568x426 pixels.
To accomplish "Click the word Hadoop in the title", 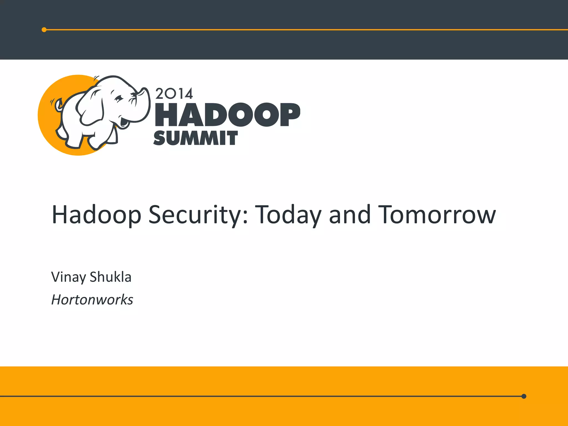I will (96, 215).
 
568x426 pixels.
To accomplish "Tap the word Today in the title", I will (288, 215).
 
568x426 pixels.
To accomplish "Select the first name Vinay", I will (69, 277).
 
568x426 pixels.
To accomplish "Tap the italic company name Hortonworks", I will (92, 300).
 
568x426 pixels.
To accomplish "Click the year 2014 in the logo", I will (174, 93).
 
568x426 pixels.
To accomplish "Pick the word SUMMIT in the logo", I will (195, 138).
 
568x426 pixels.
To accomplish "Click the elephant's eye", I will (119, 98).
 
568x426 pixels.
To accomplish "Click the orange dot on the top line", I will (44, 30).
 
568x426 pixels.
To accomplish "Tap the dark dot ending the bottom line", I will (524, 396).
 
